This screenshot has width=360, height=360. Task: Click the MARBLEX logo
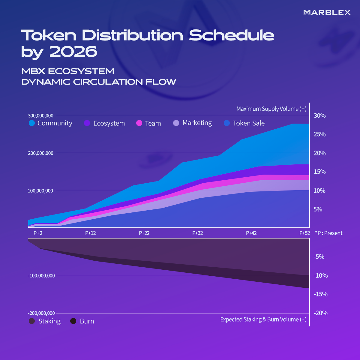point(327,12)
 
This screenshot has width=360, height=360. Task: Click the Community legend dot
point(32,123)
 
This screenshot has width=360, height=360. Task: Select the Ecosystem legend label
point(109,123)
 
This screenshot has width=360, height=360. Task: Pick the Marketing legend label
point(197,123)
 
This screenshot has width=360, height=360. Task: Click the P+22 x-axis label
point(144,233)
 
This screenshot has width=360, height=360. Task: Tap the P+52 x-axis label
point(304,233)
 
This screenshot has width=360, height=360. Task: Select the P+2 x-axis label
point(38,233)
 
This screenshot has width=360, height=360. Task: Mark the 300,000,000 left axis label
point(41,115)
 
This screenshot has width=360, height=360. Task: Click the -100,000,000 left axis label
point(41,276)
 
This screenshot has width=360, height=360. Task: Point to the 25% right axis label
point(319,134)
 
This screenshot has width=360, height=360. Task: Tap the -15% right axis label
point(320,294)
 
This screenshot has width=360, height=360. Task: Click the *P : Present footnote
point(328,233)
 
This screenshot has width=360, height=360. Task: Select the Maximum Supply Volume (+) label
point(271,109)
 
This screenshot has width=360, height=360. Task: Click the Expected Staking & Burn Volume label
point(263,319)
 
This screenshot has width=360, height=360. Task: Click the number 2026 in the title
point(73,52)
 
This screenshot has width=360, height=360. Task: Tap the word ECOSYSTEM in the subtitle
point(81,71)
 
